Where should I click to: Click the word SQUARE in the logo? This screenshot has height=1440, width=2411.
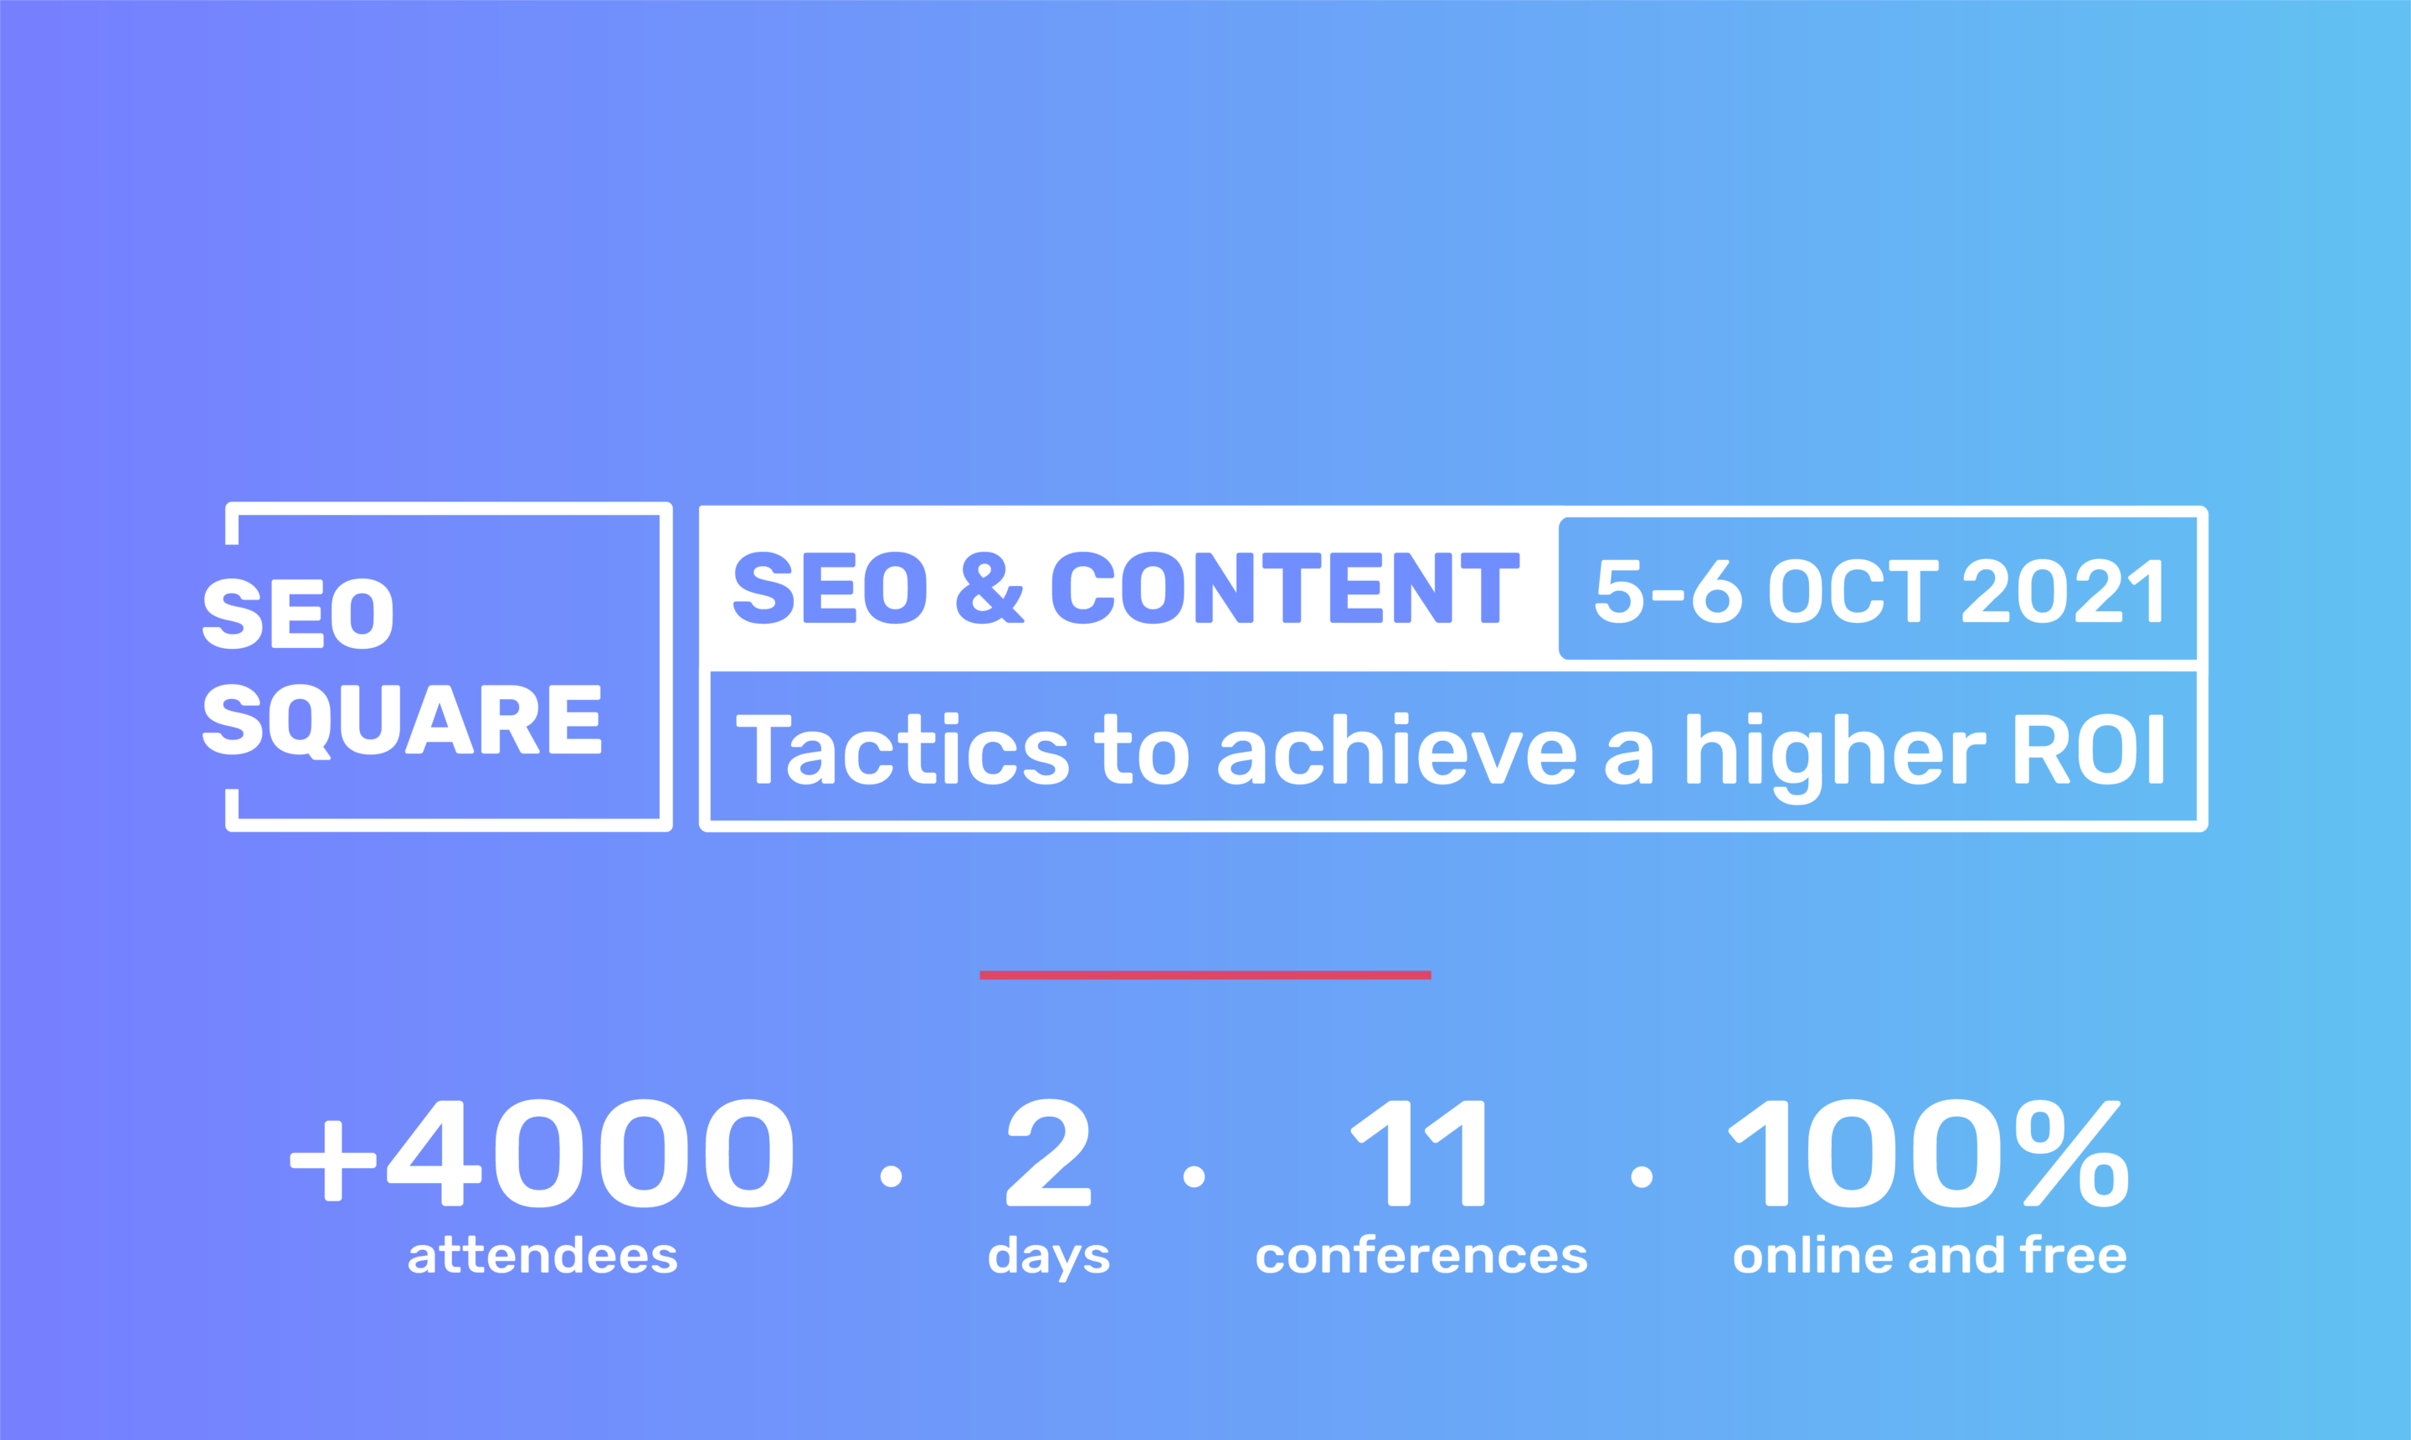402,720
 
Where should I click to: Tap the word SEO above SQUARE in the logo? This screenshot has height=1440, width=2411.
298,614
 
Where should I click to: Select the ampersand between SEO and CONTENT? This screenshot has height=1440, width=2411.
990,588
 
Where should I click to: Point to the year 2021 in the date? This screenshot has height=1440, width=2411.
2063,590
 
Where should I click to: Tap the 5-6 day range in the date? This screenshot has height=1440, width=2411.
1668,590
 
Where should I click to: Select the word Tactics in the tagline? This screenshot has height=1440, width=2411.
902,749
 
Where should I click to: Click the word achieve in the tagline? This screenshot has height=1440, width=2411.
1396,749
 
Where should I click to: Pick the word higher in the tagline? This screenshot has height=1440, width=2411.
1836,757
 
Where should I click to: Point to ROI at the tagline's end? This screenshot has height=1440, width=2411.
2089,749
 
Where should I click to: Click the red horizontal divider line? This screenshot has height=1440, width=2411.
1205,975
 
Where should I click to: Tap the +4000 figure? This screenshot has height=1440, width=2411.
542,1153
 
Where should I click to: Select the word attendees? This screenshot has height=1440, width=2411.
542,1256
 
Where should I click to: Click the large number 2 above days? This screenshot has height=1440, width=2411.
1049,1153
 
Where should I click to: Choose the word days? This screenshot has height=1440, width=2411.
1049,1257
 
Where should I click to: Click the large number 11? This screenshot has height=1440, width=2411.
1417,1153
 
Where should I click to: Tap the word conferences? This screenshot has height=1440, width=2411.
1421,1257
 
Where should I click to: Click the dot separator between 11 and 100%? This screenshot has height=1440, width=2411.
1642,1177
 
